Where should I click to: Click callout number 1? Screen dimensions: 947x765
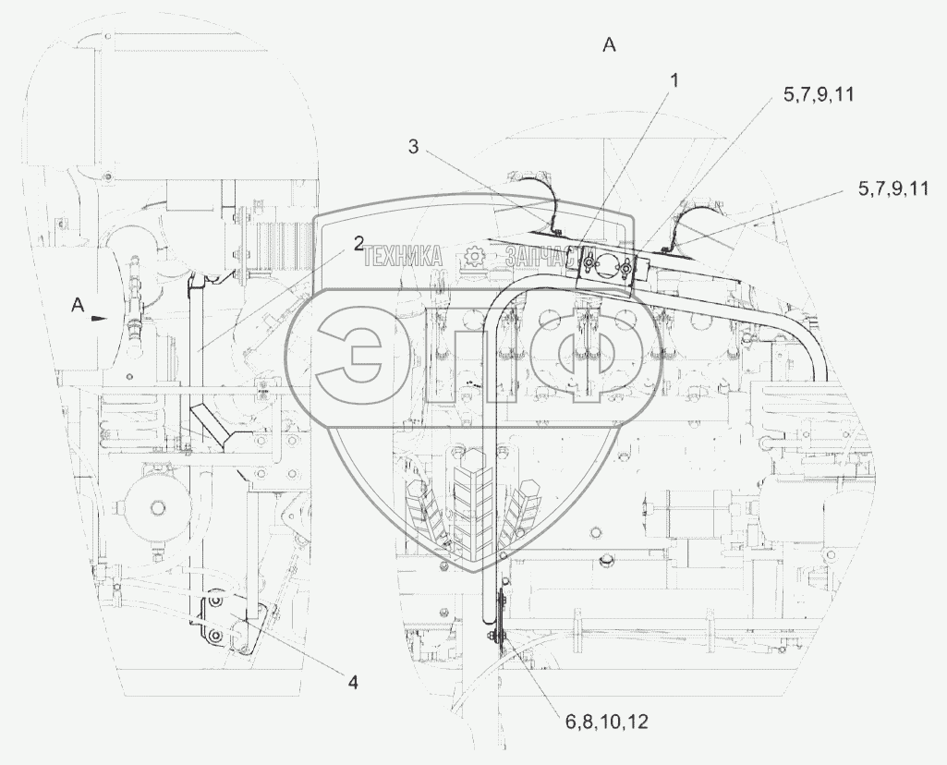click(x=674, y=80)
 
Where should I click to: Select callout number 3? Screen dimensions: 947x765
click(x=414, y=146)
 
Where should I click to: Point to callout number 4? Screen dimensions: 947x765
click(x=352, y=682)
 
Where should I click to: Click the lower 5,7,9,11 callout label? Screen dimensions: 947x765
click(x=892, y=188)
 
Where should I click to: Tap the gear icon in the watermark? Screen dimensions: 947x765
click(x=475, y=257)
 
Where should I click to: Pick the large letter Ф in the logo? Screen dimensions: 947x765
click(x=585, y=355)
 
